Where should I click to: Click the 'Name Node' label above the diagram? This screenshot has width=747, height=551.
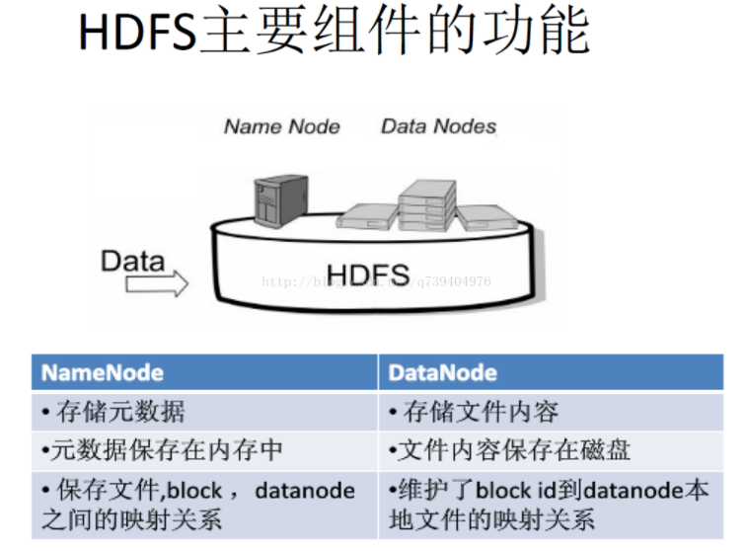click(x=281, y=126)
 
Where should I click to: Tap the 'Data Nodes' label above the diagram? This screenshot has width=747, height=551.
click(x=438, y=126)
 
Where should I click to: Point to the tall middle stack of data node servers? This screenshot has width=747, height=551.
click(x=426, y=205)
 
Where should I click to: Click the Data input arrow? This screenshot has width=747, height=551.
click(x=157, y=285)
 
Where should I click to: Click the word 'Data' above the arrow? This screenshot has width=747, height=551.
click(x=132, y=262)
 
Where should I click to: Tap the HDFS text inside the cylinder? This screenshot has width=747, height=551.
click(x=368, y=273)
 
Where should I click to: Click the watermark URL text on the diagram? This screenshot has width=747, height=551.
click(x=375, y=282)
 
